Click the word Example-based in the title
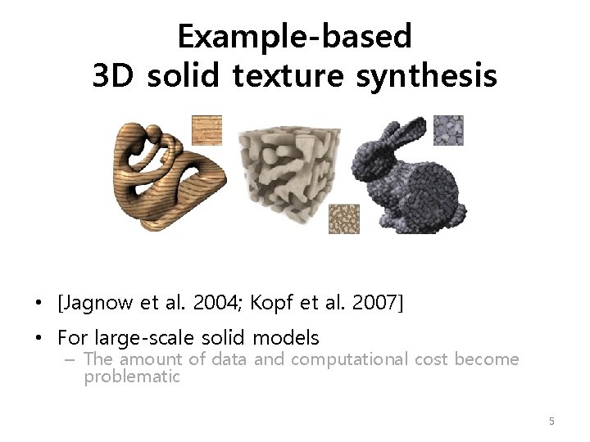click(x=294, y=37)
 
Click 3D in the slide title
click(x=116, y=76)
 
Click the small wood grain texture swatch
click(x=206, y=131)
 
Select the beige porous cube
click(x=289, y=169)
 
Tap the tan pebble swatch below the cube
click(x=344, y=219)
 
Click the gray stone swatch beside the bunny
click(x=448, y=130)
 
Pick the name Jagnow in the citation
click(x=92, y=304)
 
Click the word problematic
click(x=131, y=377)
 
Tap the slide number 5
click(x=551, y=421)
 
